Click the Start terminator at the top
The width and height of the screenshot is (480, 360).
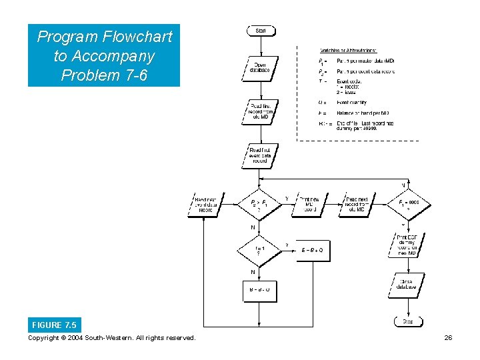(x=261, y=31)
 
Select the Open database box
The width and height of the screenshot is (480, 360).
(x=260, y=67)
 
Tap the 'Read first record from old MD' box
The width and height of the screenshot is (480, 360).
(x=260, y=112)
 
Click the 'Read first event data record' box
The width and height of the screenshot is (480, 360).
(x=260, y=155)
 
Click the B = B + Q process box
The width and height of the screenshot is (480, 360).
(x=312, y=250)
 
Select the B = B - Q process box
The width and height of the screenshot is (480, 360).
(x=260, y=289)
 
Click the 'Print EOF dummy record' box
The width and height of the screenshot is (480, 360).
(x=407, y=245)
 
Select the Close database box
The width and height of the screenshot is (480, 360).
(x=407, y=285)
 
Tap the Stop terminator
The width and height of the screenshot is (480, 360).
(x=407, y=322)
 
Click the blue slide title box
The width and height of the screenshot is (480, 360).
(x=104, y=56)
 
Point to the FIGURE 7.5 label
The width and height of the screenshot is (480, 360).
(x=54, y=325)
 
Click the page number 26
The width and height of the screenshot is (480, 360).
(x=449, y=338)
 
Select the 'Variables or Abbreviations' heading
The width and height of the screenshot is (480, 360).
(x=348, y=50)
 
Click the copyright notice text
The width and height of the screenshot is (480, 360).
(x=112, y=338)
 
